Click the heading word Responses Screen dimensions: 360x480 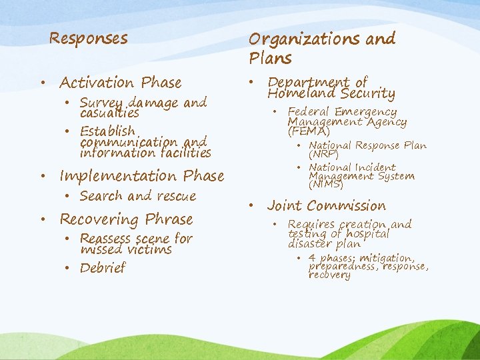[x=88, y=39]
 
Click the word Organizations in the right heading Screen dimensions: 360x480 [x=306, y=39]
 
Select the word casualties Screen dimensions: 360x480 [x=109, y=113]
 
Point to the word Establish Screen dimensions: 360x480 [x=107, y=131]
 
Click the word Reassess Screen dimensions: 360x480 [x=106, y=239]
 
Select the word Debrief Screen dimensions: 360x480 [x=103, y=268]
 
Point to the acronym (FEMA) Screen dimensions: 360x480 [x=309, y=132]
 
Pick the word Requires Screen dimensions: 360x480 [x=311, y=225]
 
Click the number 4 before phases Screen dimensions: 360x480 [x=313, y=258]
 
